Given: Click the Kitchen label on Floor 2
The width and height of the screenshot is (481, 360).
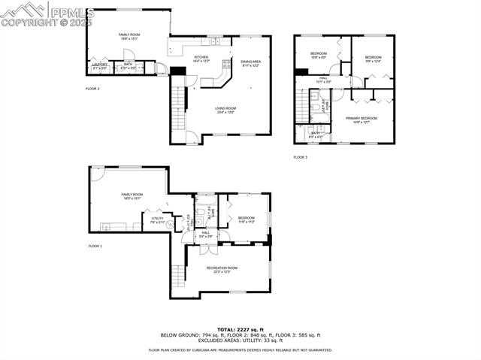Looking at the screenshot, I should click(201, 59).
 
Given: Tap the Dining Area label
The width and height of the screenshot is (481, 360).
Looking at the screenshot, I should click(250, 63).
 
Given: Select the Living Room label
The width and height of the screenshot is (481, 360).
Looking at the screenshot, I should click(225, 110).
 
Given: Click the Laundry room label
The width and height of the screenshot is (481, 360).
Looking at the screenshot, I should click(100, 65).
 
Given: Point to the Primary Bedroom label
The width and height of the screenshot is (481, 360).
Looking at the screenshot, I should click(362, 119).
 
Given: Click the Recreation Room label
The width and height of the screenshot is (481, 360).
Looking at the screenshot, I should click(222, 269).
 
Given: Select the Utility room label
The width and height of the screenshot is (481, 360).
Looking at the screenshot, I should click(157, 221).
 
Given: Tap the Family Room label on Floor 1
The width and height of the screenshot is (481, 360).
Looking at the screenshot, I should click(132, 196).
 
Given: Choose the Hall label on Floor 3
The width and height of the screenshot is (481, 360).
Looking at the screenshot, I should click(323, 79).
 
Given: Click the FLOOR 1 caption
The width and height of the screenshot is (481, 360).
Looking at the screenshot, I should click(95, 247).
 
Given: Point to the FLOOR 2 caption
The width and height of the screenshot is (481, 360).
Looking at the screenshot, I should click(92, 89).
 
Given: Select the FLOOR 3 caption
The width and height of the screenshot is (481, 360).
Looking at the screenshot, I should click(300, 157).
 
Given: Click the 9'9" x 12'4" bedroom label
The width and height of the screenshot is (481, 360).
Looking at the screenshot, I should click(374, 60).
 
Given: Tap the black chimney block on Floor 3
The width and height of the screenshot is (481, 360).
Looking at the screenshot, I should click(301, 72).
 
